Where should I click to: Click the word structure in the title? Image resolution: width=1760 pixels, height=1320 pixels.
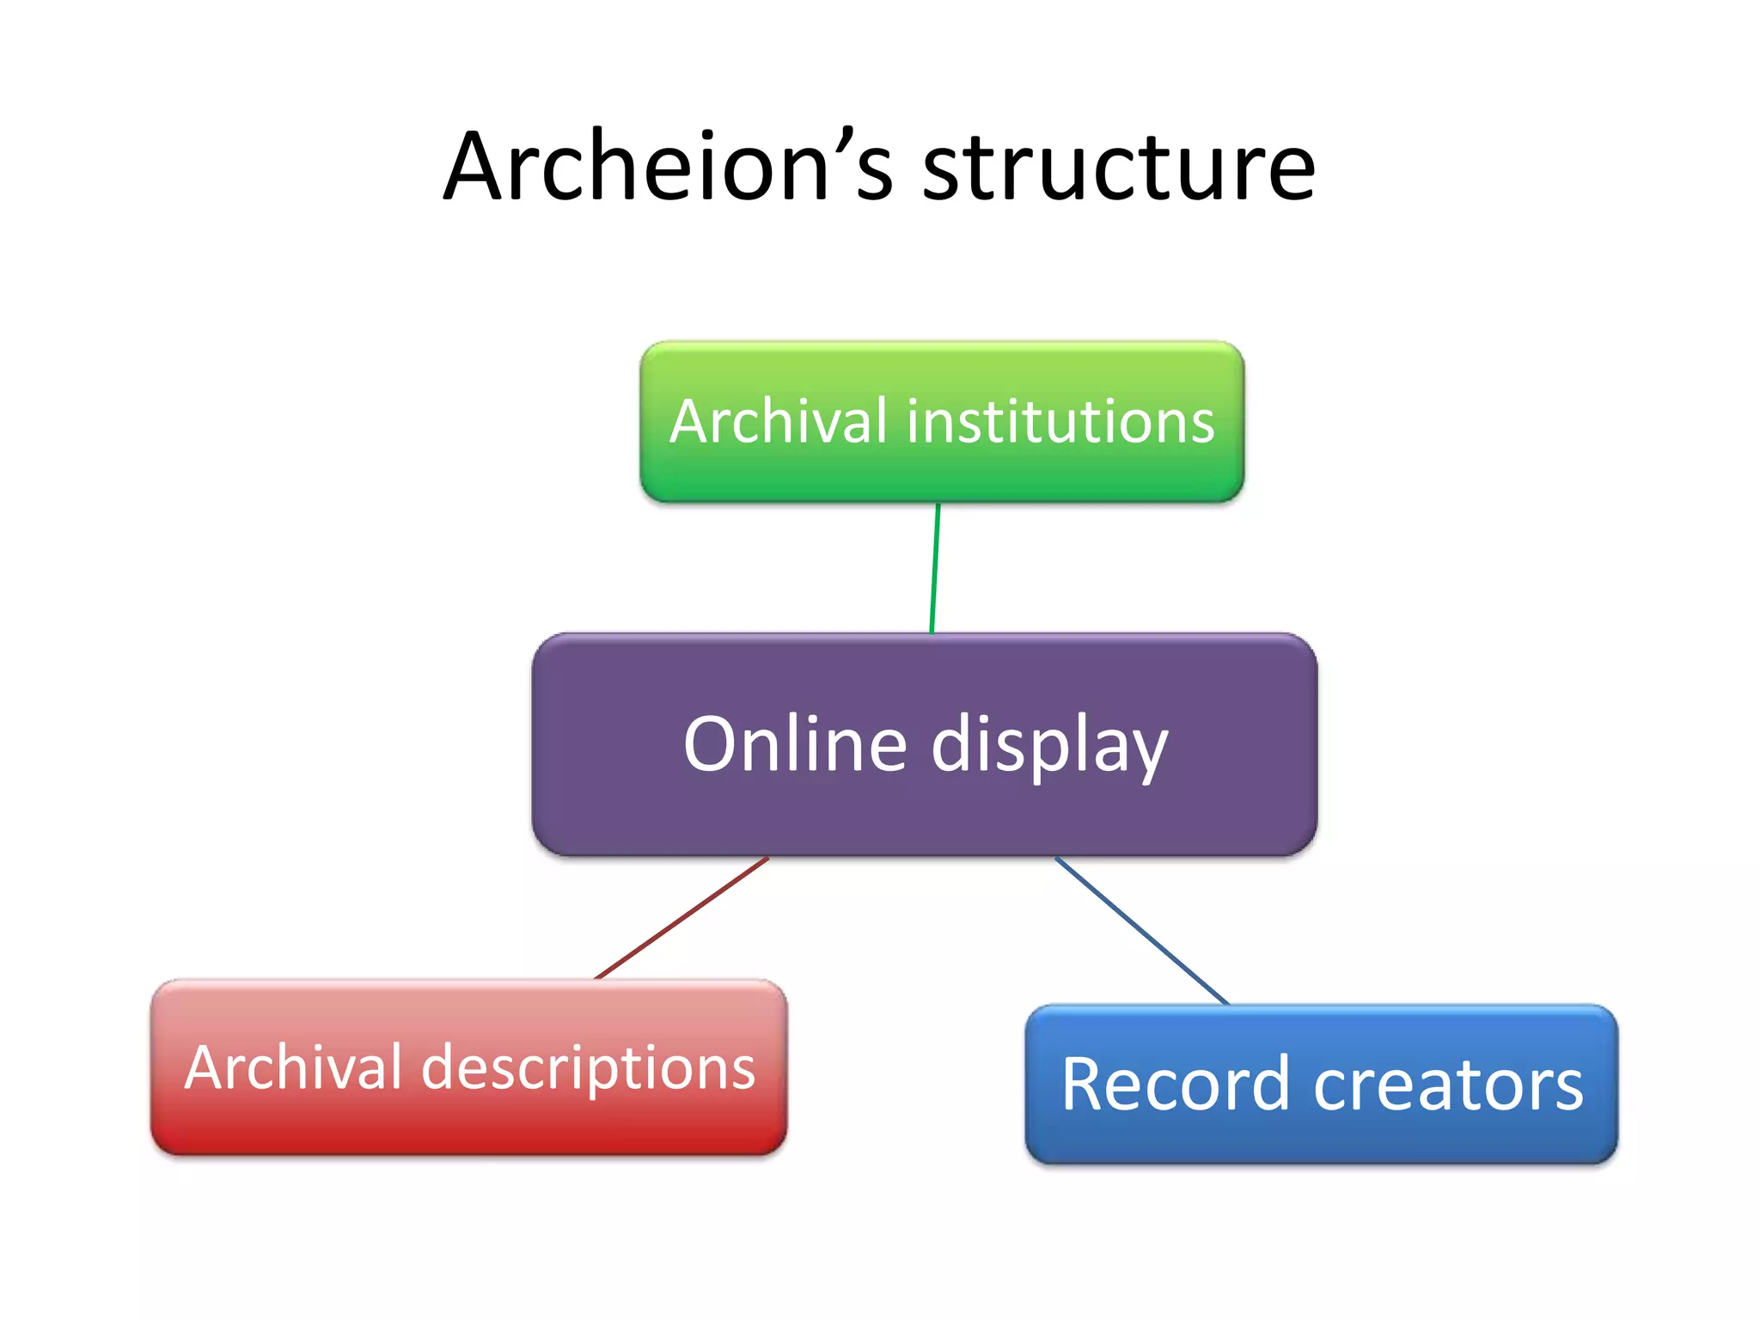pos(1118,168)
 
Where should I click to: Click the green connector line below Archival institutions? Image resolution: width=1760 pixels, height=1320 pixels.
pos(935,568)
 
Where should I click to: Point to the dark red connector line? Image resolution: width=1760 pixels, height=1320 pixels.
pos(681,918)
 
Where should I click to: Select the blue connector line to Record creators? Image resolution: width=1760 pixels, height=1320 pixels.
pos(1141,931)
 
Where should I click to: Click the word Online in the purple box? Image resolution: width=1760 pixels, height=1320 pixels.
pos(795,744)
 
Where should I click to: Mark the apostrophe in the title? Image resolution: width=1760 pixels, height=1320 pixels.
pos(823,137)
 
